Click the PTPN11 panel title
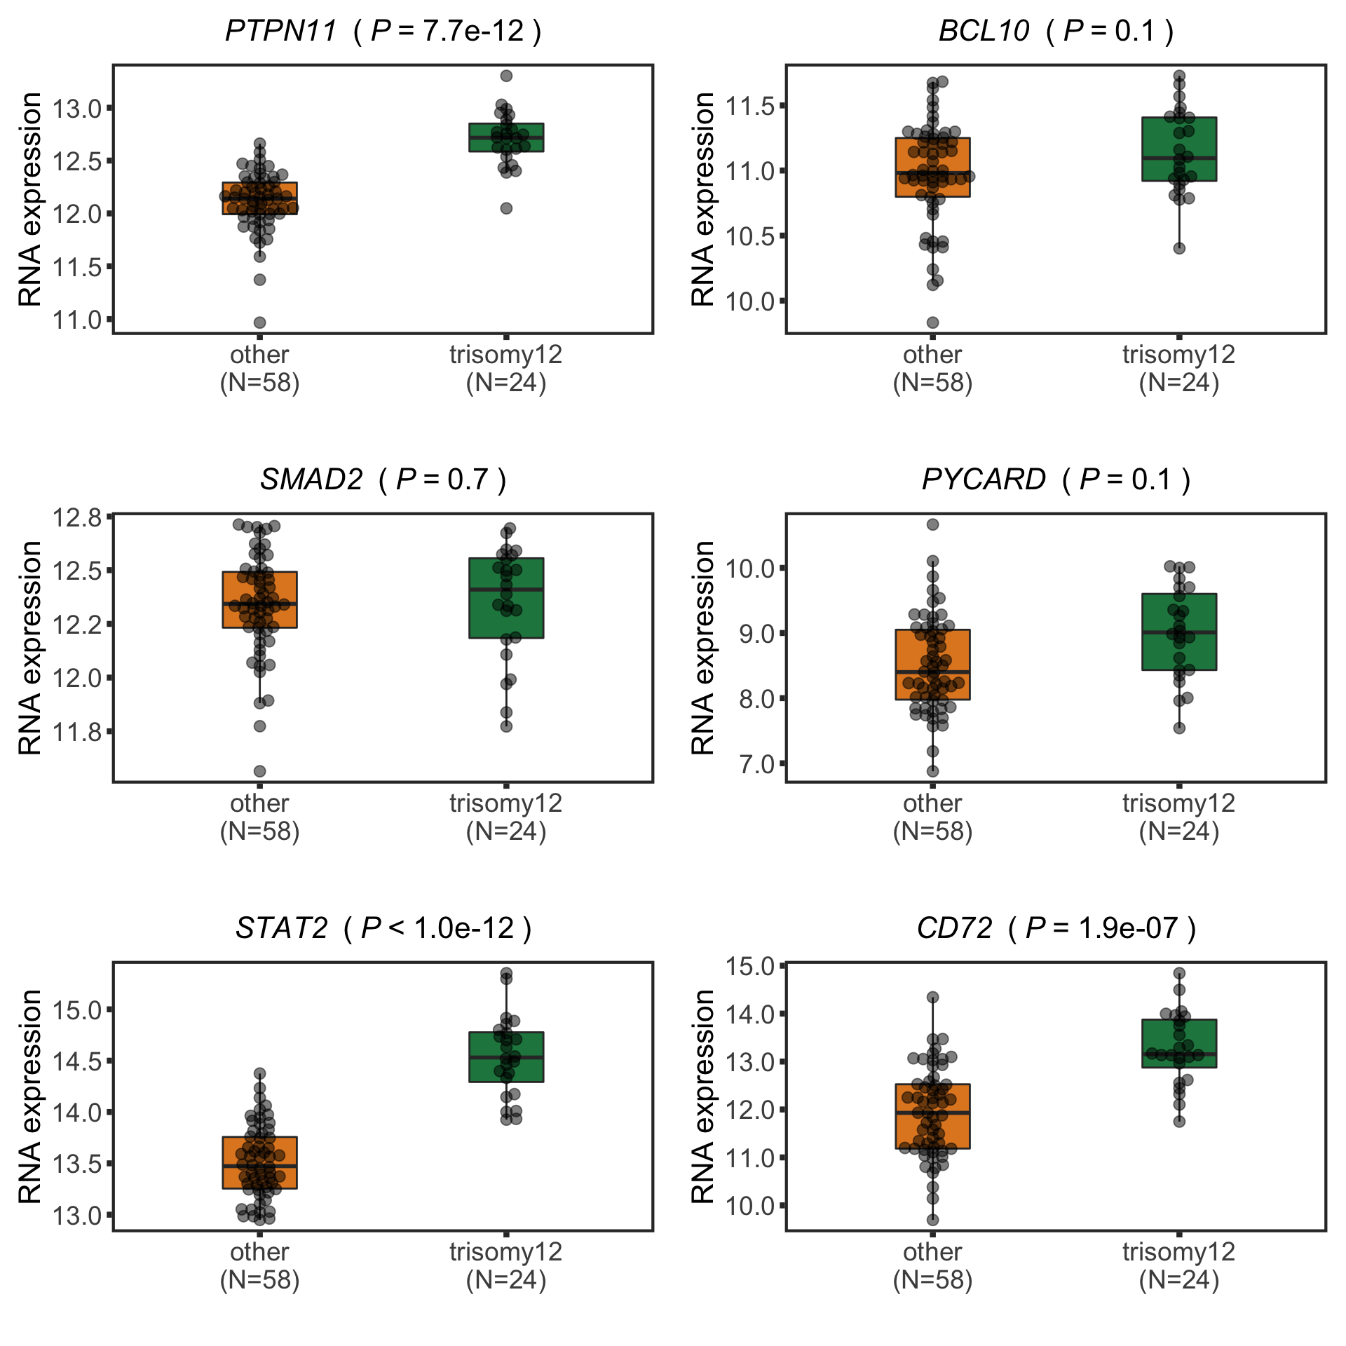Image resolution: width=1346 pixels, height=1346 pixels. pos(383,31)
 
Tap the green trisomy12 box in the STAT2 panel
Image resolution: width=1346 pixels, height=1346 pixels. pos(506,1057)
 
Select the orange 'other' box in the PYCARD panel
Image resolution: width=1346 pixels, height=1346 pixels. pos(932,665)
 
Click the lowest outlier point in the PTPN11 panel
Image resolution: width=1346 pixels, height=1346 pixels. pos(259,322)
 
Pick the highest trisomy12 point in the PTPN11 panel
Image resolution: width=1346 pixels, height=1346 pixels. pos(506,76)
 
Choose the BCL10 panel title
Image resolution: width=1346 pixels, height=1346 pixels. pos(1056,31)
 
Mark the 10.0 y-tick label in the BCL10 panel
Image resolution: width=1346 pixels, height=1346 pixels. pos(749,301)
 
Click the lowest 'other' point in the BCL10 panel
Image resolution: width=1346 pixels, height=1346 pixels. pos(932,322)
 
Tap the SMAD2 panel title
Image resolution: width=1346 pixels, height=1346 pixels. pos(383,480)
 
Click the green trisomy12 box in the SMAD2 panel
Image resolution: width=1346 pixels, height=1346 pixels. pos(506,598)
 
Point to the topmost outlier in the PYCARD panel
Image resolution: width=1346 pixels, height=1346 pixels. pos(932,524)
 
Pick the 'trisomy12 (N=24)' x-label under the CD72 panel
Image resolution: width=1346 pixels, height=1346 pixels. pos(1178,1266)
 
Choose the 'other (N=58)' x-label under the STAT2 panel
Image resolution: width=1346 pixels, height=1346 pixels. pos(259,1266)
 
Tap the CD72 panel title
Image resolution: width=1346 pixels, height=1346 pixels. pos(1056,928)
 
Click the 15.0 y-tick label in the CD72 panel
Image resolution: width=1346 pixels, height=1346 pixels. pos(749,966)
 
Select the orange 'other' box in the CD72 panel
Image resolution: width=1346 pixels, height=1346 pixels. pos(932,1116)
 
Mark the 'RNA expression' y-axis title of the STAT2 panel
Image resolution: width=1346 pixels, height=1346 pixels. pos(30,1096)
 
